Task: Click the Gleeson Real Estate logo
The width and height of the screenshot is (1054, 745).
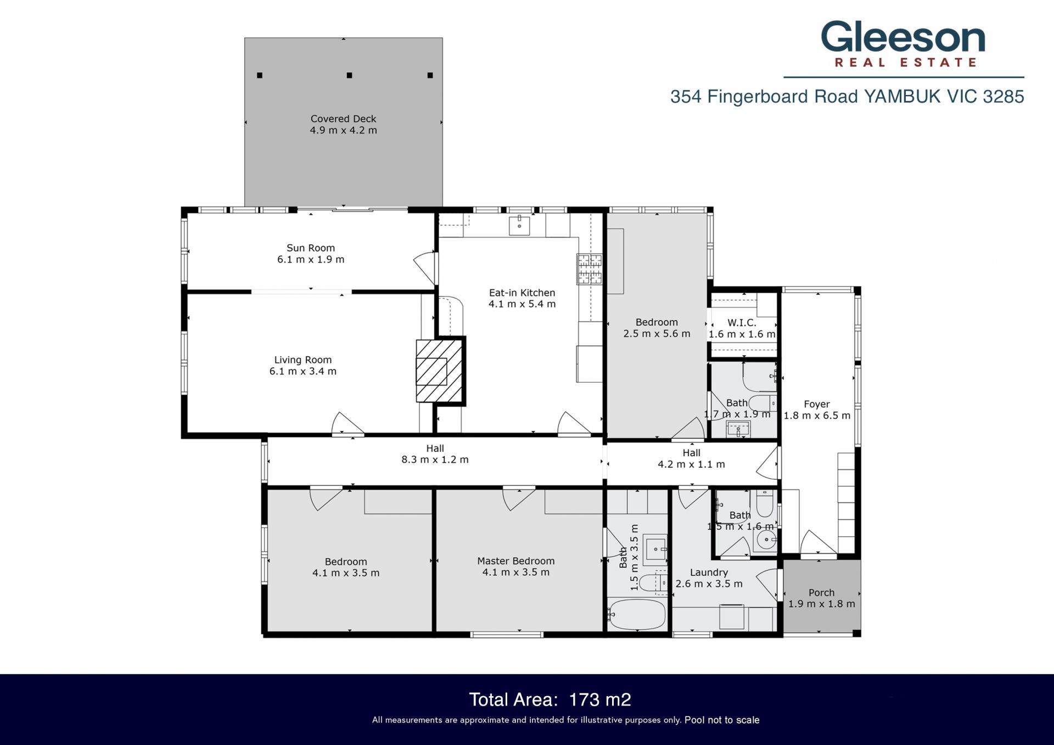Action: point(903,44)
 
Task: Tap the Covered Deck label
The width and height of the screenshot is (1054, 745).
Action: point(344,119)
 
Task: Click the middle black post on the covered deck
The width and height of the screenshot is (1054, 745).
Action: point(349,75)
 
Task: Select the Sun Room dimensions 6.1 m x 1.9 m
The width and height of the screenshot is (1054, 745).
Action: point(311,260)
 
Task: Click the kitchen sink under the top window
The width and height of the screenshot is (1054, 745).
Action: point(519,225)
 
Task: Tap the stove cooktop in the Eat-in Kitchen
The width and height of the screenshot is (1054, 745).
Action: point(589,269)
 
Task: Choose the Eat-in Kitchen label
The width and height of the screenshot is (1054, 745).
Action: point(522,293)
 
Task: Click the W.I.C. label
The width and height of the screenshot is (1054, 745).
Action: point(742,323)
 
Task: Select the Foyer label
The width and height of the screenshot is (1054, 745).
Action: point(817,404)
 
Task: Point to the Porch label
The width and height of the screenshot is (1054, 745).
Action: point(822,592)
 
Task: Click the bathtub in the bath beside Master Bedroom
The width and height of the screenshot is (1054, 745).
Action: point(637,614)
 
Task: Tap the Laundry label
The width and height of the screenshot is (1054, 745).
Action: point(709,572)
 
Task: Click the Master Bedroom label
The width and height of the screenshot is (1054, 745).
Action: point(516,561)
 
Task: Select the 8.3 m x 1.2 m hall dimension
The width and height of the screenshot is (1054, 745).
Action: point(435,460)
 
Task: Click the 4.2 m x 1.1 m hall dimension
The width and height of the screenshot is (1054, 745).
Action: point(692,464)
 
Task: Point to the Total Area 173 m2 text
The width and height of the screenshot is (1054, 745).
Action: point(550,699)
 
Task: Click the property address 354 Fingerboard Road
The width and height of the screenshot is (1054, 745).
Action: point(764,97)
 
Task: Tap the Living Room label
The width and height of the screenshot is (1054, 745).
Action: point(303,360)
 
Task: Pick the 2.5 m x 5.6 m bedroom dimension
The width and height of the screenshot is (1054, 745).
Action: point(657,334)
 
